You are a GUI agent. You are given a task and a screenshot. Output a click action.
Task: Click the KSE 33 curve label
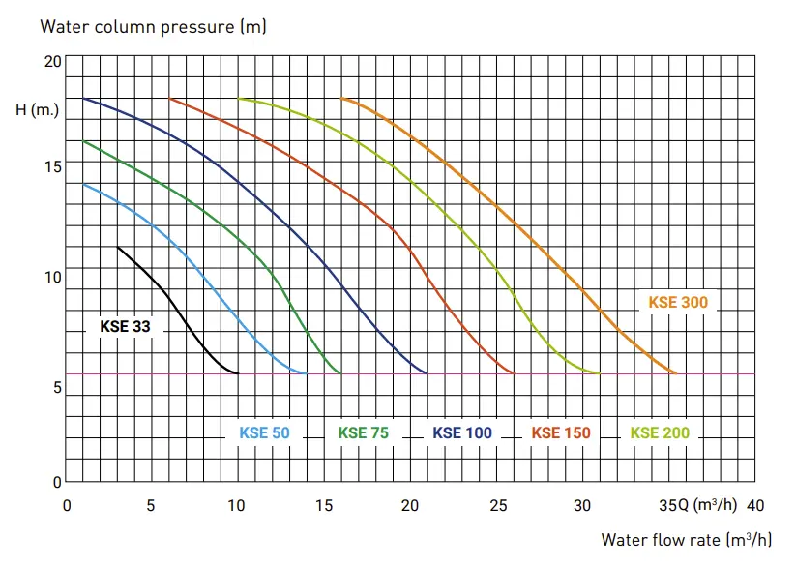[125, 326]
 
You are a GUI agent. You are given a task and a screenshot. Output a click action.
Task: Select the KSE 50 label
[264, 432]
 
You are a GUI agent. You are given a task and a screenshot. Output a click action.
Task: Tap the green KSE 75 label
[364, 432]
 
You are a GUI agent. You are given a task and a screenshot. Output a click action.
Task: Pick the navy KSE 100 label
[462, 432]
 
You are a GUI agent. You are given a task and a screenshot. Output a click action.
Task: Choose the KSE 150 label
[561, 432]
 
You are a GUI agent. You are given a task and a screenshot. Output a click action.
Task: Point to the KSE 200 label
[660, 432]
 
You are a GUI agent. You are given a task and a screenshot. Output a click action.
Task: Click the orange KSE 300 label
[678, 302]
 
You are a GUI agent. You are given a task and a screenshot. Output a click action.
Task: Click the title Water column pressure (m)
[154, 26]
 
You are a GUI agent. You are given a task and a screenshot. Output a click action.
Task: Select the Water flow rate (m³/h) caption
[687, 539]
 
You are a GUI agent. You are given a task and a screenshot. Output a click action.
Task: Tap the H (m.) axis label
[37, 109]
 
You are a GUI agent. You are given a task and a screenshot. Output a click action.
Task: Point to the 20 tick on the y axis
[53, 61]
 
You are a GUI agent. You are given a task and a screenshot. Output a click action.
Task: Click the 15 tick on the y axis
[53, 166]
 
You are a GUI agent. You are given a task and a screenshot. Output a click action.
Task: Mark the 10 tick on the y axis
[53, 277]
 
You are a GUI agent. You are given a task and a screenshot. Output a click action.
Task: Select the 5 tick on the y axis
[57, 388]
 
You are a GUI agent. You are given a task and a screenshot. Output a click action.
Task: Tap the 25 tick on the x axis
[498, 506]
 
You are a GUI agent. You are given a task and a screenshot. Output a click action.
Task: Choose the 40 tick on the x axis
[755, 506]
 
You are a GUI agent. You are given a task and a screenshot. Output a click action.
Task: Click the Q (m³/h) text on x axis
[707, 505]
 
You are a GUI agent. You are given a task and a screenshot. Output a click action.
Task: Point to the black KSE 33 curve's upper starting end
[118, 248]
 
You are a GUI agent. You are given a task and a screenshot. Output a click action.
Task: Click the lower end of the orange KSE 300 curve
[676, 373]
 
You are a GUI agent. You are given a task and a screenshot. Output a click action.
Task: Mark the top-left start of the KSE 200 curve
[239, 99]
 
